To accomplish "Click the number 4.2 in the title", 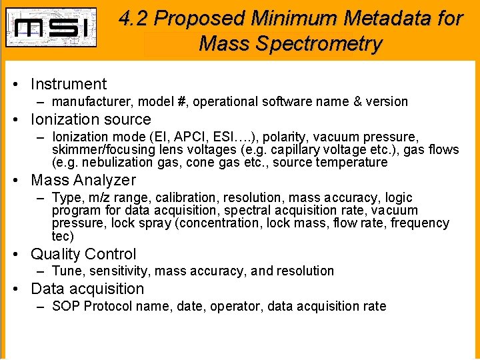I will [136, 19].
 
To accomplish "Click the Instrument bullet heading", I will [69, 84].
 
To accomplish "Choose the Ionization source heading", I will [91, 119].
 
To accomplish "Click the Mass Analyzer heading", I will [83, 180].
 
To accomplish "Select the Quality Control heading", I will [84, 254].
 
